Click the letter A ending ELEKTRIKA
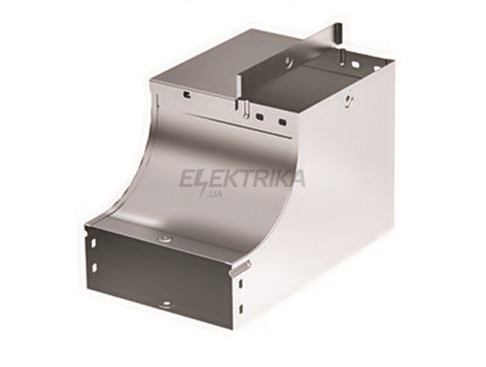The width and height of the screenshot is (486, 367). pos(296,179)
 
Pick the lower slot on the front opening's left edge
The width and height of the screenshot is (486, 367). pos(94,266)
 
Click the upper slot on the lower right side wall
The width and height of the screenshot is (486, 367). pos(242,282)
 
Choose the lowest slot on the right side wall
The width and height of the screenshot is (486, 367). pos(241,309)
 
